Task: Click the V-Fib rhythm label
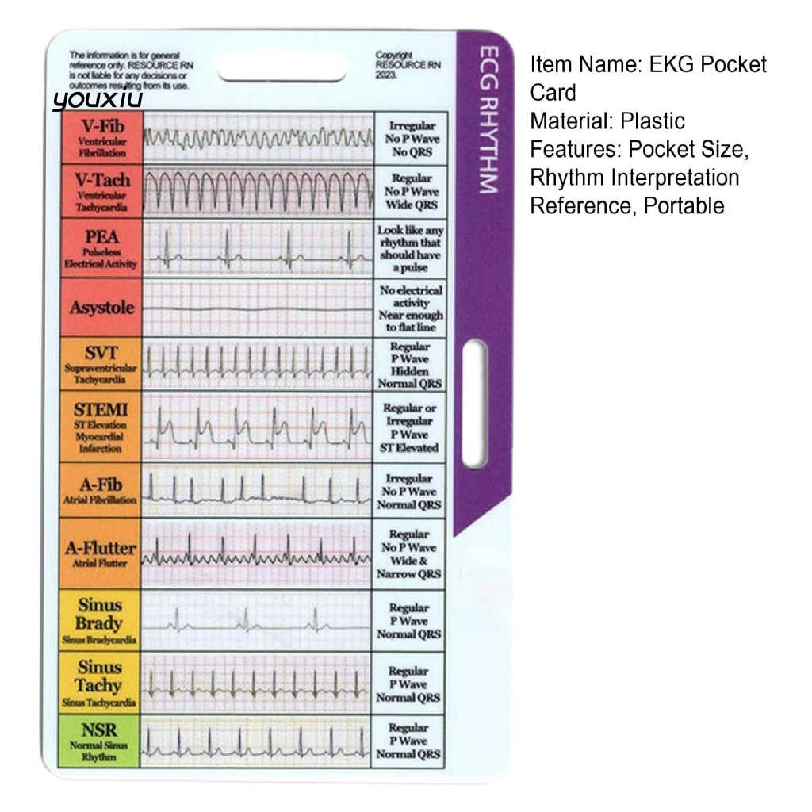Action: point(101,137)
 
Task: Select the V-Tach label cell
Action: point(101,191)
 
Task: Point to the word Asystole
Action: point(101,308)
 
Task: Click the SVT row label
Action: point(101,365)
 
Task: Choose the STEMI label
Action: point(101,427)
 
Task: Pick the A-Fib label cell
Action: point(101,490)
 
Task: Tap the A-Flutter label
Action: point(101,552)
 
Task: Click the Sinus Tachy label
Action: point(100,682)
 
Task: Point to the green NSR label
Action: point(100,741)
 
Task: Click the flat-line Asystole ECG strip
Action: point(258,308)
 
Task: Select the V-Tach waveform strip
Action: point(258,191)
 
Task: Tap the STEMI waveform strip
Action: point(258,428)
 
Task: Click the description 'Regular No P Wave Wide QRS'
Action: point(409,191)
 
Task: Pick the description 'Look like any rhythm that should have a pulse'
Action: point(409,248)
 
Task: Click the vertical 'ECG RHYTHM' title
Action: point(485,119)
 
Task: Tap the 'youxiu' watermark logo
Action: point(98,100)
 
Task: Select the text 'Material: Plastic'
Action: point(607,121)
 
